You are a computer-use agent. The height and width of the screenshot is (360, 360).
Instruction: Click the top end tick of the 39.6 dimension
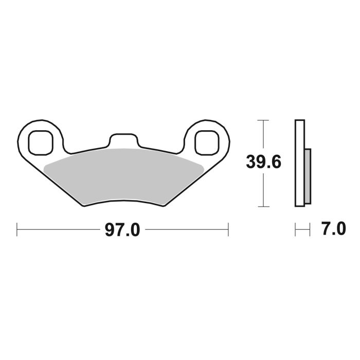coord(263,120)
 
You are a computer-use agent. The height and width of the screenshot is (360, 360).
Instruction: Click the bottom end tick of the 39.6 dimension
coord(263,207)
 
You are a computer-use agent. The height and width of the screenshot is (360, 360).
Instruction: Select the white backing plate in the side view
coord(299,163)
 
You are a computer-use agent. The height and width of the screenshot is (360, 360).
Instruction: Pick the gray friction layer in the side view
coord(308,175)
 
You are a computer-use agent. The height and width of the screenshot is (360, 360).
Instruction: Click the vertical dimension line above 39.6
coord(263,136)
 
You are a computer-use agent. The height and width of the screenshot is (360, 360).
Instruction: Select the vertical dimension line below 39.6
coord(263,190)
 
